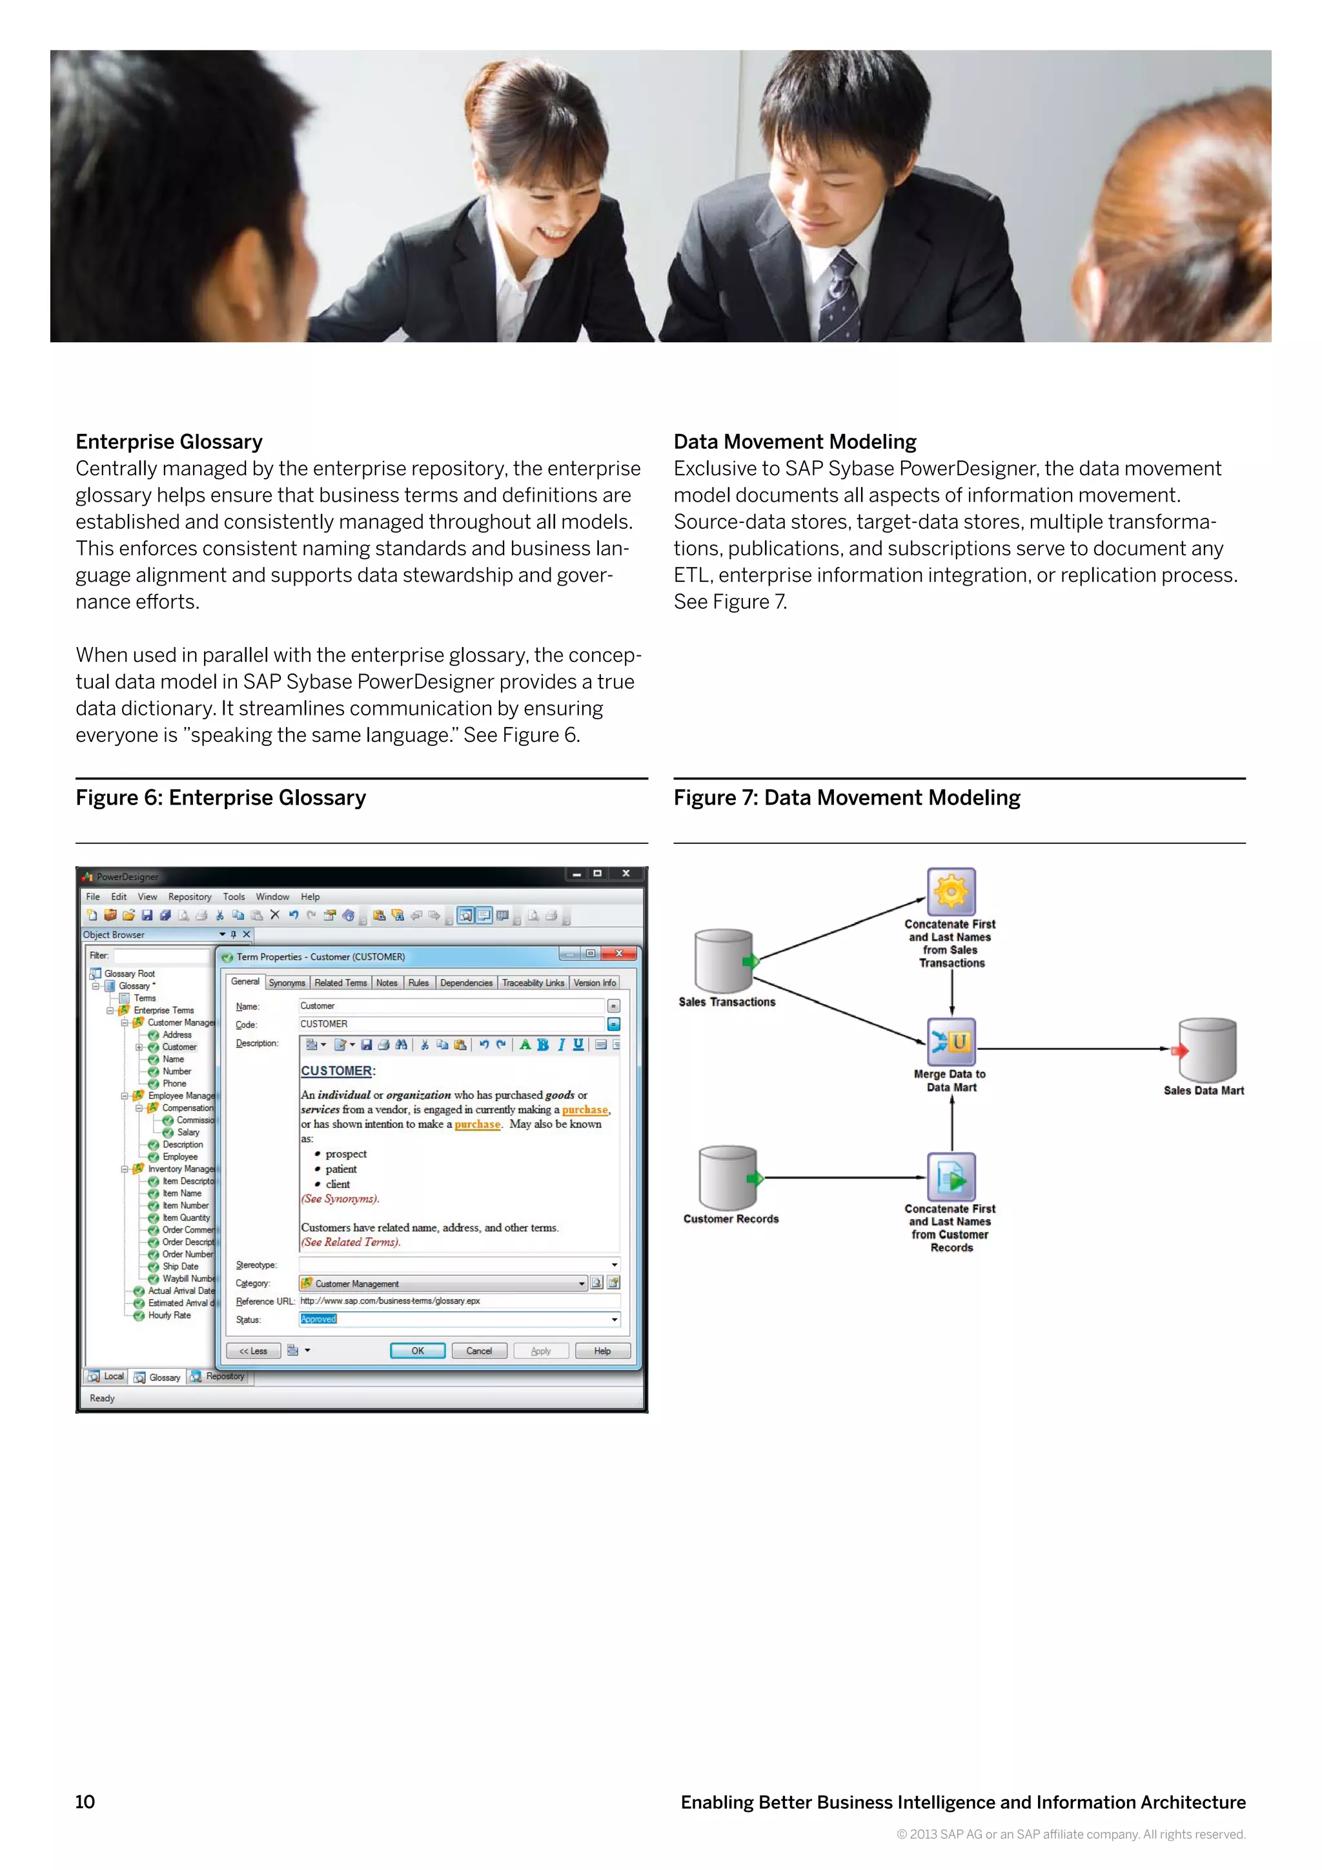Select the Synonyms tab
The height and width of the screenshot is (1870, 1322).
pyautogui.click(x=287, y=983)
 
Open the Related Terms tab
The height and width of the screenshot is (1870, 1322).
pyautogui.click(x=340, y=983)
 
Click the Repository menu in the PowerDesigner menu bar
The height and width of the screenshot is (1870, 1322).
pyautogui.click(x=190, y=897)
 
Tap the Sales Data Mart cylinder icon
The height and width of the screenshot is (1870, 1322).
pyautogui.click(x=1208, y=1050)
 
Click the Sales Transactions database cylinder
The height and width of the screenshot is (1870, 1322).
pyautogui.click(x=724, y=961)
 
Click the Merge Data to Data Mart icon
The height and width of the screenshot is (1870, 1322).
pyautogui.click(x=951, y=1042)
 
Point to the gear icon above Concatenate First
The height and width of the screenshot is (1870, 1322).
pyautogui.click(x=951, y=892)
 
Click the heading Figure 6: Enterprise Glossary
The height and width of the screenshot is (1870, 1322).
pyautogui.click(x=221, y=797)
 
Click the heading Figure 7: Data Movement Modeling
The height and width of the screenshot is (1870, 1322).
pyautogui.click(x=847, y=797)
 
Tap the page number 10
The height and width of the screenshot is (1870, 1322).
pyautogui.click(x=85, y=1802)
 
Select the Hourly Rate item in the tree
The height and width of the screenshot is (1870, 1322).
pyautogui.click(x=169, y=1315)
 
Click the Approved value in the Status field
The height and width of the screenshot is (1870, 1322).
pyautogui.click(x=318, y=1319)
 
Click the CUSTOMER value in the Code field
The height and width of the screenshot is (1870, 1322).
pyautogui.click(x=324, y=1023)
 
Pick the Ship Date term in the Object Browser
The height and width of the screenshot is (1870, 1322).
pyautogui.click(x=180, y=1266)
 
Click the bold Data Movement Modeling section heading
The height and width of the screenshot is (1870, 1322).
pyautogui.click(x=795, y=442)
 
